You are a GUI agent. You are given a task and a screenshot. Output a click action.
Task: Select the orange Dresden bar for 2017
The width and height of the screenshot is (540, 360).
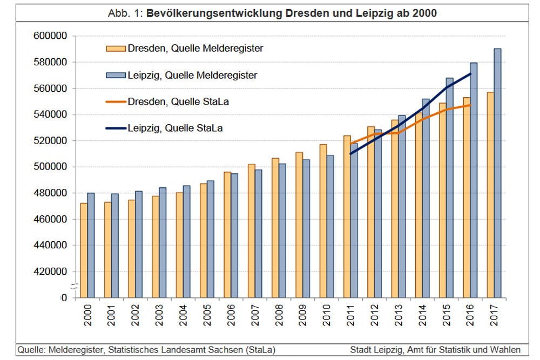coord(490,194)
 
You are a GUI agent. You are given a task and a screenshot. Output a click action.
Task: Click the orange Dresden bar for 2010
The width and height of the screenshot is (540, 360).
coord(323,221)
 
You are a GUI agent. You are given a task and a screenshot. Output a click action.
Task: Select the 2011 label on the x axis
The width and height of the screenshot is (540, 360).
coord(350,315)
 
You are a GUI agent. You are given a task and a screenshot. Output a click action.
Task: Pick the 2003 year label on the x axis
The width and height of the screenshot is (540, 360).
coord(159,315)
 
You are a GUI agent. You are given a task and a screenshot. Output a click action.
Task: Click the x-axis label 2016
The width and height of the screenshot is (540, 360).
coord(470,315)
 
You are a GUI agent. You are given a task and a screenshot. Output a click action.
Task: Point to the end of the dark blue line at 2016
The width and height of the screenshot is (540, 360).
coord(471,74)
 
